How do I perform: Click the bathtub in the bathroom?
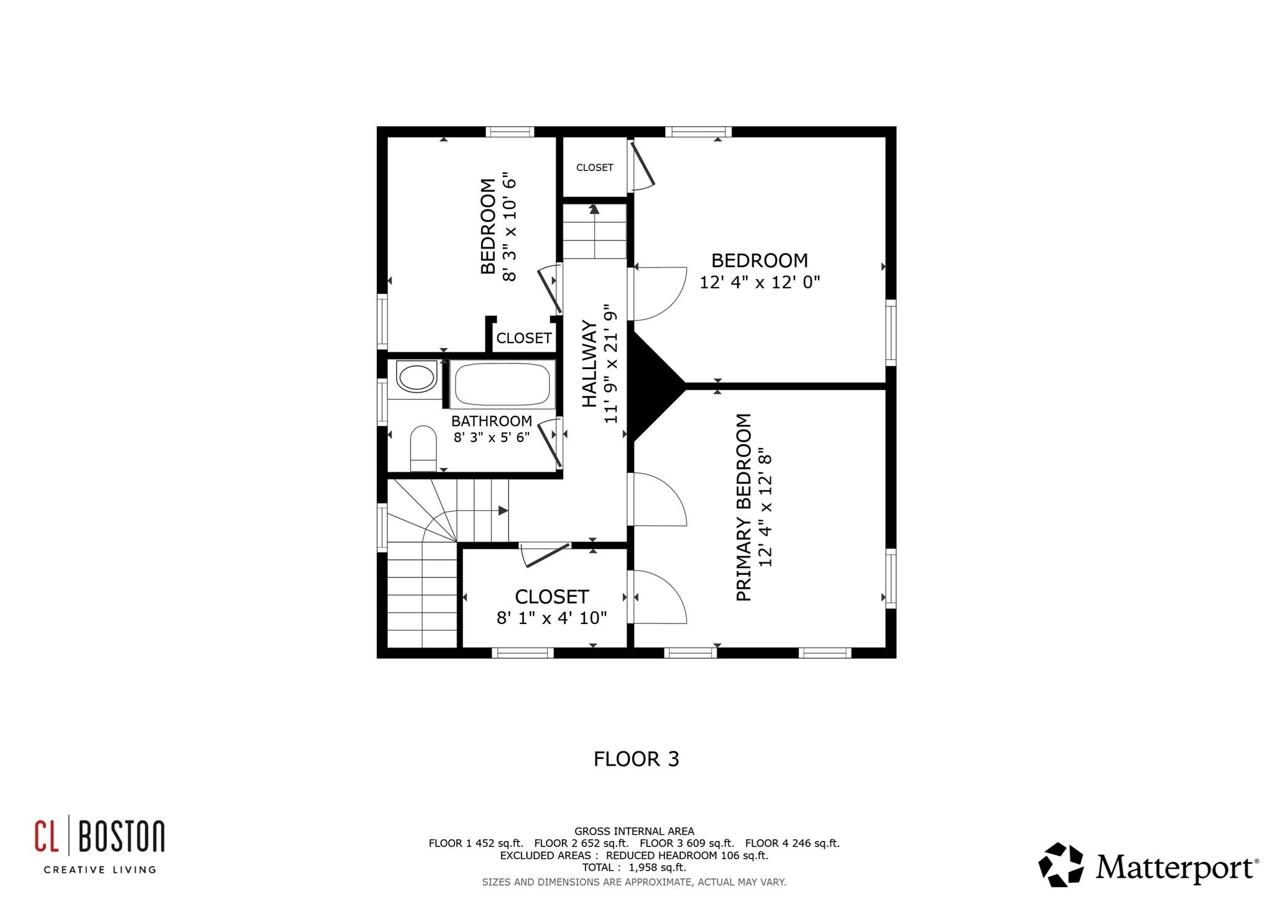point(503,384)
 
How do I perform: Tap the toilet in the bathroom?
point(423,448)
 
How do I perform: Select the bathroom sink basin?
point(416,377)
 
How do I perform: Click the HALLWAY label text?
point(589,364)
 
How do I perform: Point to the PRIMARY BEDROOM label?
point(744,507)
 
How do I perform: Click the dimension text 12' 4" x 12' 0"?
point(760,282)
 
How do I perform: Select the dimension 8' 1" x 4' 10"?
point(551,618)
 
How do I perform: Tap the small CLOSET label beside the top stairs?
point(594,168)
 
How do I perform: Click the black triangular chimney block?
point(653,385)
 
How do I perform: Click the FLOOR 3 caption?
point(636,759)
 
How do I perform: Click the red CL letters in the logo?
point(47,836)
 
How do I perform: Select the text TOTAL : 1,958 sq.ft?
point(634,867)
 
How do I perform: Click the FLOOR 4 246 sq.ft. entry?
point(792,843)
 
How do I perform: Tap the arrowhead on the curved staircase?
point(503,511)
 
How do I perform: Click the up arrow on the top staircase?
point(594,209)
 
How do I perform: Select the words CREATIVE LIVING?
point(99,870)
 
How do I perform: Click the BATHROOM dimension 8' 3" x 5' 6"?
point(491,437)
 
